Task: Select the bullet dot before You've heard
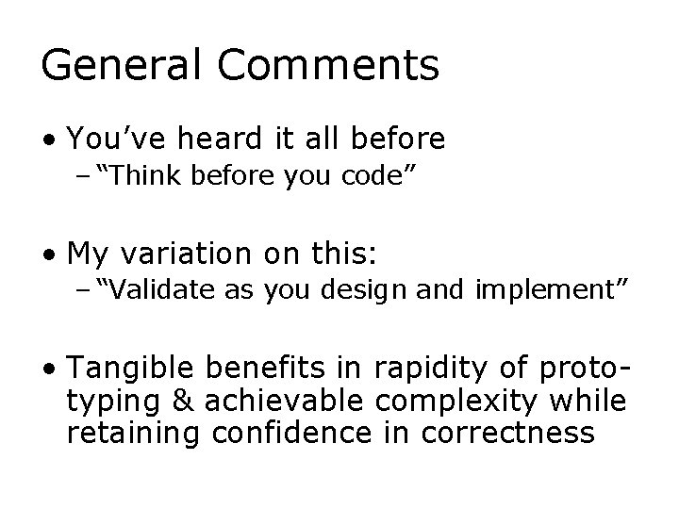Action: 47,140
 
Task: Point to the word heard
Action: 215,140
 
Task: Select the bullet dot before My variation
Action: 47,255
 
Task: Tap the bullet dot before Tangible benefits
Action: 47,369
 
